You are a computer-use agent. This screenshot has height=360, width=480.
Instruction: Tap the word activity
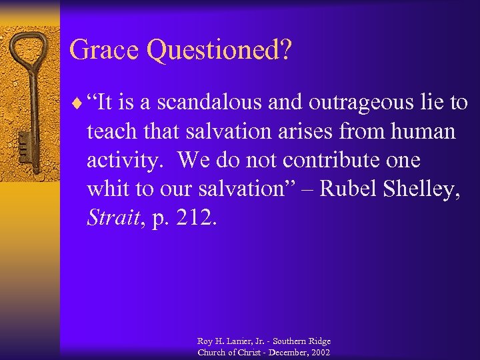125,161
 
